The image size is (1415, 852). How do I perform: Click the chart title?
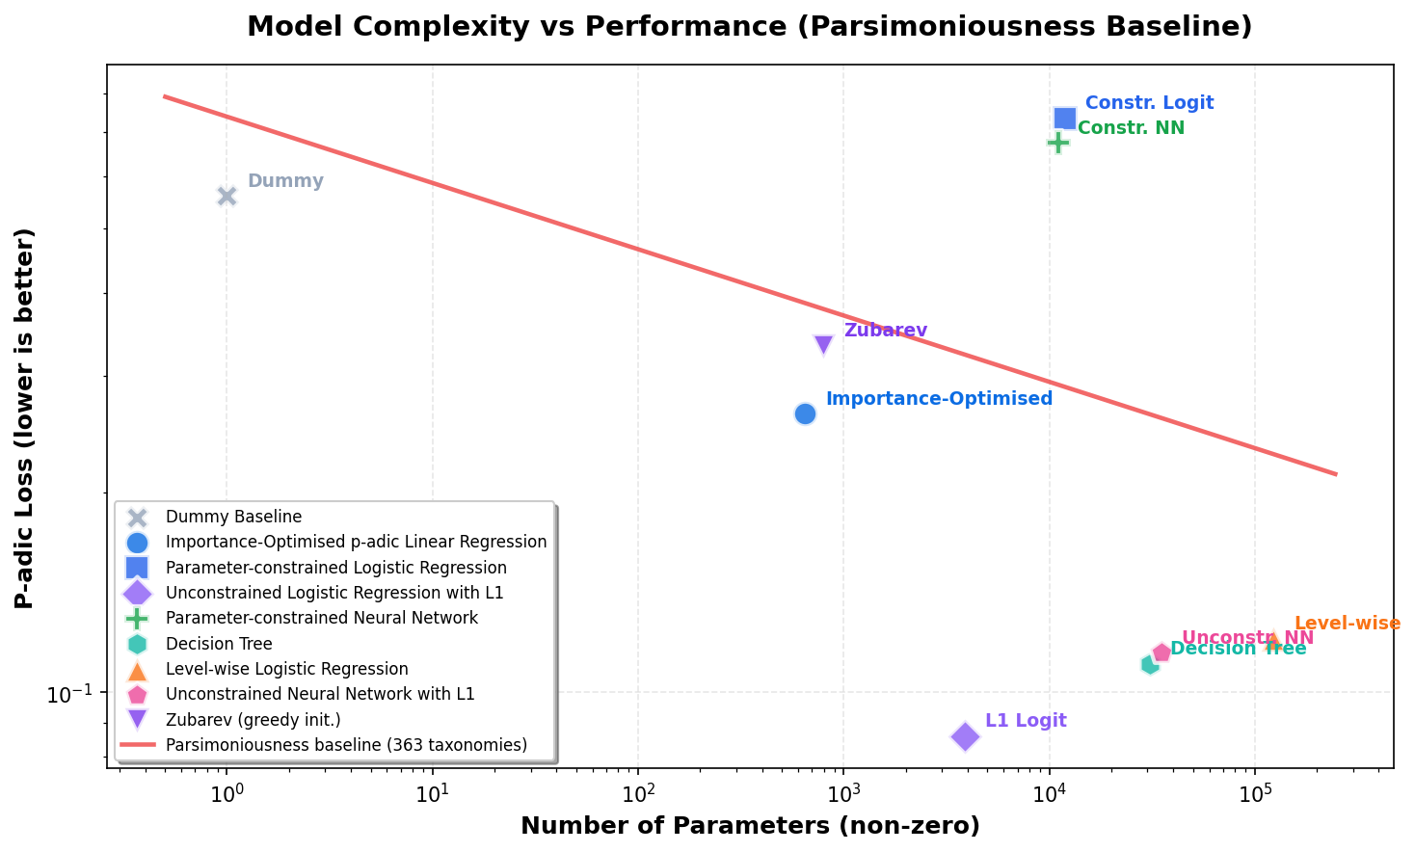tap(749, 26)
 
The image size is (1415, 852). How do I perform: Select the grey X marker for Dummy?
tap(227, 196)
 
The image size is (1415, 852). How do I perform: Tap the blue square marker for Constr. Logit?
tap(1065, 118)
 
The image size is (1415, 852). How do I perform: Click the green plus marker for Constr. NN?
tap(1058, 142)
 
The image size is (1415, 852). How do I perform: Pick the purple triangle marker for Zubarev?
tap(823, 344)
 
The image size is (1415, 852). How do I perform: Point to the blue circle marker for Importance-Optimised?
tap(805, 413)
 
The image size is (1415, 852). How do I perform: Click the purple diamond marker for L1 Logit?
tap(965, 736)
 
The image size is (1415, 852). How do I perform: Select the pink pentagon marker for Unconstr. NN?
tap(1161, 652)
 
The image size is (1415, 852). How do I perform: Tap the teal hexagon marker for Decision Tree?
tap(1149, 664)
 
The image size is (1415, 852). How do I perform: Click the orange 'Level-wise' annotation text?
tap(1347, 624)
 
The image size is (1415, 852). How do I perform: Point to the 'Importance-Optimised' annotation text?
tap(939, 399)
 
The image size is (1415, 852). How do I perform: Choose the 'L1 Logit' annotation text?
tap(1026, 721)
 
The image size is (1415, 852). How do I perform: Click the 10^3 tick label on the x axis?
tap(843, 794)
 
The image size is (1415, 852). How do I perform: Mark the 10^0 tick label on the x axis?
tap(227, 794)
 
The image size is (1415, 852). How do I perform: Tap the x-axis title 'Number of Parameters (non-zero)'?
tap(750, 826)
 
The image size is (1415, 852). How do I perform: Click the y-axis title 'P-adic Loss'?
tap(25, 418)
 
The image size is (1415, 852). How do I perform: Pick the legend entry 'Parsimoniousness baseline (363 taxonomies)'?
tap(346, 744)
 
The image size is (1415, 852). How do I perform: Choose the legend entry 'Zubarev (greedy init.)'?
tap(253, 719)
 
